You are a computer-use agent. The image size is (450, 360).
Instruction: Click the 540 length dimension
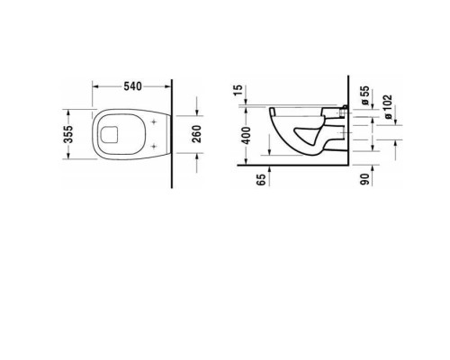tap(131, 87)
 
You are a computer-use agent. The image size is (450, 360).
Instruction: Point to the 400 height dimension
tap(245, 136)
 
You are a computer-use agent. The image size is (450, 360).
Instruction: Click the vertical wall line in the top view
tap(171, 135)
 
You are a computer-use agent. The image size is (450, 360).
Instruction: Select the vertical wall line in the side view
tap(347, 126)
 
